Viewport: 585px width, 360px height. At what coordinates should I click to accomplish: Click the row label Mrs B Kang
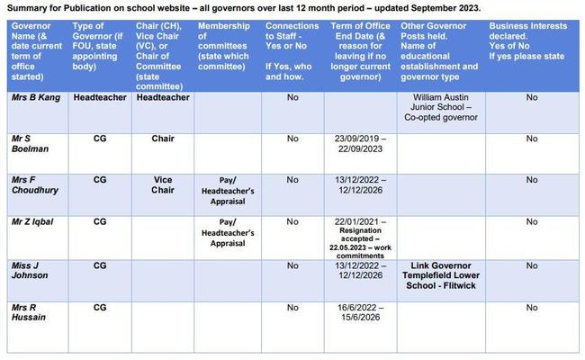(x=36, y=98)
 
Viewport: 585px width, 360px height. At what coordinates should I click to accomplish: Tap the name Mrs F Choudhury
(x=36, y=185)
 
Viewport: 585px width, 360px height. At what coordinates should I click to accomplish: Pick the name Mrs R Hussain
(x=31, y=312)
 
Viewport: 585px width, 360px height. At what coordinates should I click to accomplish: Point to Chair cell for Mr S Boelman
(x=163, y=139)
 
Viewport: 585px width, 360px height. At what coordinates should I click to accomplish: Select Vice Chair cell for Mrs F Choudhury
(x=163, y=185)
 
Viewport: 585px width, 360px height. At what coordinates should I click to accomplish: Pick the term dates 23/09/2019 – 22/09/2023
(x=360, y=144)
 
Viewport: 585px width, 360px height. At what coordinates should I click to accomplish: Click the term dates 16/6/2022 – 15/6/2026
(x=360, y=312)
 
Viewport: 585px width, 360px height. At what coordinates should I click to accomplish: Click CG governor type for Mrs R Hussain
(x=100, y=307)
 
